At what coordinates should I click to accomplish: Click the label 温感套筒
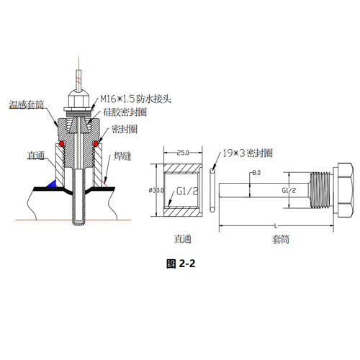coord(27,105)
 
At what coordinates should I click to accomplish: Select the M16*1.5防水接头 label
coord(135,99)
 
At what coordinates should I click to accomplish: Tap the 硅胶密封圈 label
coord(125,112)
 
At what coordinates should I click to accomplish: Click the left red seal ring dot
coord(62,143)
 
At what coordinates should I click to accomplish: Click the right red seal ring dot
coord(96,143)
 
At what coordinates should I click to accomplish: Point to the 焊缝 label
coord(122,156)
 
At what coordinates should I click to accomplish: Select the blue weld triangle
coord(52,184)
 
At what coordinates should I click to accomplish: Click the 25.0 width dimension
coord(183,153)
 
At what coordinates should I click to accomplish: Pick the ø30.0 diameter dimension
coord(157,190)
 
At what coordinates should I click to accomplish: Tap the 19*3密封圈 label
coord(248,153)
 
